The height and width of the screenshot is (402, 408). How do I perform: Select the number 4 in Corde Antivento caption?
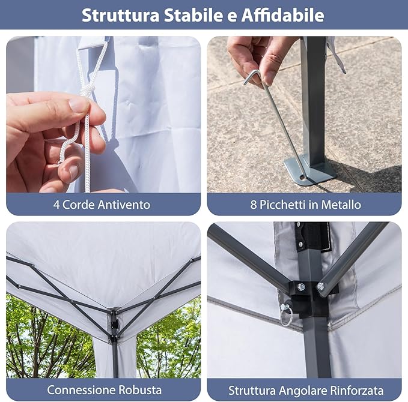tap(56, 205)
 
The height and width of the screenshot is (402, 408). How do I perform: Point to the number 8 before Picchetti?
tap(254, 205)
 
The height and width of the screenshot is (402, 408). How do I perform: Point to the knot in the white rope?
tap(88, 91)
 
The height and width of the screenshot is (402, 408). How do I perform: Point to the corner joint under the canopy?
tap(113, 324)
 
